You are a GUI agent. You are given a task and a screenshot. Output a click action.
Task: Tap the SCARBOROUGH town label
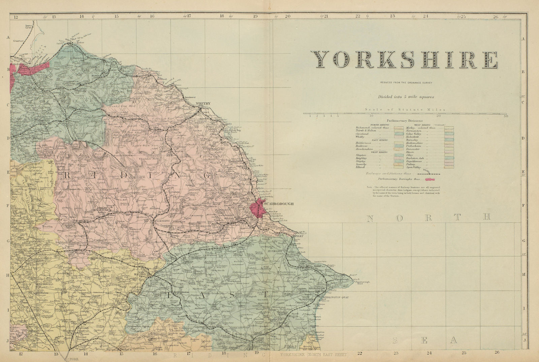tap(279, 204)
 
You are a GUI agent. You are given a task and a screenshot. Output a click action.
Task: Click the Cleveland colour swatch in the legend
tap(399, 134)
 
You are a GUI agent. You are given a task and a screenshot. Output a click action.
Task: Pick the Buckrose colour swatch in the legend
tap(399, 146)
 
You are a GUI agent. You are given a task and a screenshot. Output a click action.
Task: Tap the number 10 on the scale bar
tap(372, 116)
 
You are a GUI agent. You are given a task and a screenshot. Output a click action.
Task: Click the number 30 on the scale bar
tap(506, 116)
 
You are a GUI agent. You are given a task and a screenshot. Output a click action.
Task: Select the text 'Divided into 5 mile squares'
tap(406, 97)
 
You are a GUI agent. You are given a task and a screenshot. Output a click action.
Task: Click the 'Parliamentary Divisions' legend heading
tap(405, 121)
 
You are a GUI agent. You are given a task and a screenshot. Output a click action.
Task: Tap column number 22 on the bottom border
tap(360, 353)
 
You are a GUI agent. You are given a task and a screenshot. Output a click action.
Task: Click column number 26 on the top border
tap(495, 16)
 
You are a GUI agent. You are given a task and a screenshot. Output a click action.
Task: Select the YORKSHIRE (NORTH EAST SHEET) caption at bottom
tap(312, 355)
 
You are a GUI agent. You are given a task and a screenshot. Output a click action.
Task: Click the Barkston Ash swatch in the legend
tap(449, 158)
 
